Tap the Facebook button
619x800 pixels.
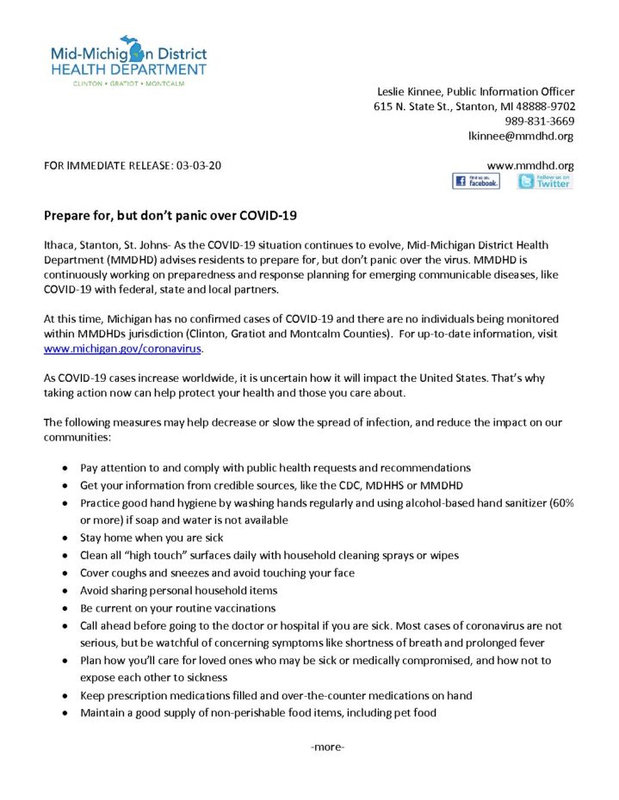pyautogui.click(x=475, y=182)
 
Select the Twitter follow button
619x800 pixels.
pyautogui.click(x=545, y=182)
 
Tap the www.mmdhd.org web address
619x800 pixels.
pyautogui.click(x=530, y=164)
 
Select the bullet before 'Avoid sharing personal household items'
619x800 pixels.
pyautogui.click(x=67, y=591)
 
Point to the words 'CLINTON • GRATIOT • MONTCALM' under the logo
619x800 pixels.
pyautogui.click(x=129, y=83)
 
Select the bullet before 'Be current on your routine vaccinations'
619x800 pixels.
pyautogui.click(x=67, y=609)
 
